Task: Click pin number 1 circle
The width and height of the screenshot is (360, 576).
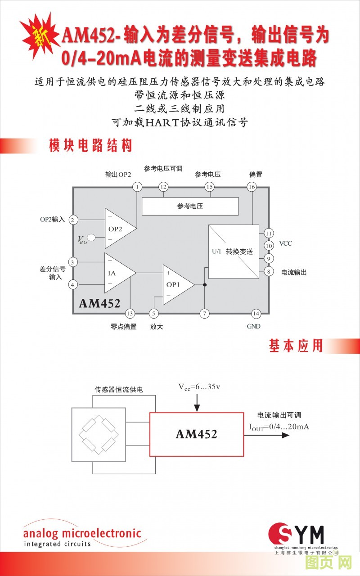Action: (137, 187)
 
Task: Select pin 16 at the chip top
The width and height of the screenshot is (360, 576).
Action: (252, 187)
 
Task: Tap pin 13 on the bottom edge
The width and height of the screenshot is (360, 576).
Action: (130, 314)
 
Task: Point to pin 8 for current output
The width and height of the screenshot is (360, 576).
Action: (269, 271)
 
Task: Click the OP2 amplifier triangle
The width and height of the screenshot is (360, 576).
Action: (118, 228)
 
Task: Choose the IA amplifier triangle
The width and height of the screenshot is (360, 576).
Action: (118, 273)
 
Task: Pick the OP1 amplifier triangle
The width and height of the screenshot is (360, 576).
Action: (176, 284)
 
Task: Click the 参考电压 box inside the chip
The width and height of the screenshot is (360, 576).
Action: (190, 206)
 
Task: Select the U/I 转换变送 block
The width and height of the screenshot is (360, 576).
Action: (234, 252)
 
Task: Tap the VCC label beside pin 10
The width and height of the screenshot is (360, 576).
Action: (285, 243)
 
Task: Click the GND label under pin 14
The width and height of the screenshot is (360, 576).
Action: (254, 326)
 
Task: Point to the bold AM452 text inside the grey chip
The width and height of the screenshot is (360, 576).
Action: (99, 303)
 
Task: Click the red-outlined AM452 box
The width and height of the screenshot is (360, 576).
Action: (196, 434)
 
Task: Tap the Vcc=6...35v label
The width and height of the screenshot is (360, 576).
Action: (199, 387)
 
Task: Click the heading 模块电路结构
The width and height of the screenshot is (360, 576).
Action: (90, 146)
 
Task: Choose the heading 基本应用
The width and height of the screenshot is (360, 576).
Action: (296, 346)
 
